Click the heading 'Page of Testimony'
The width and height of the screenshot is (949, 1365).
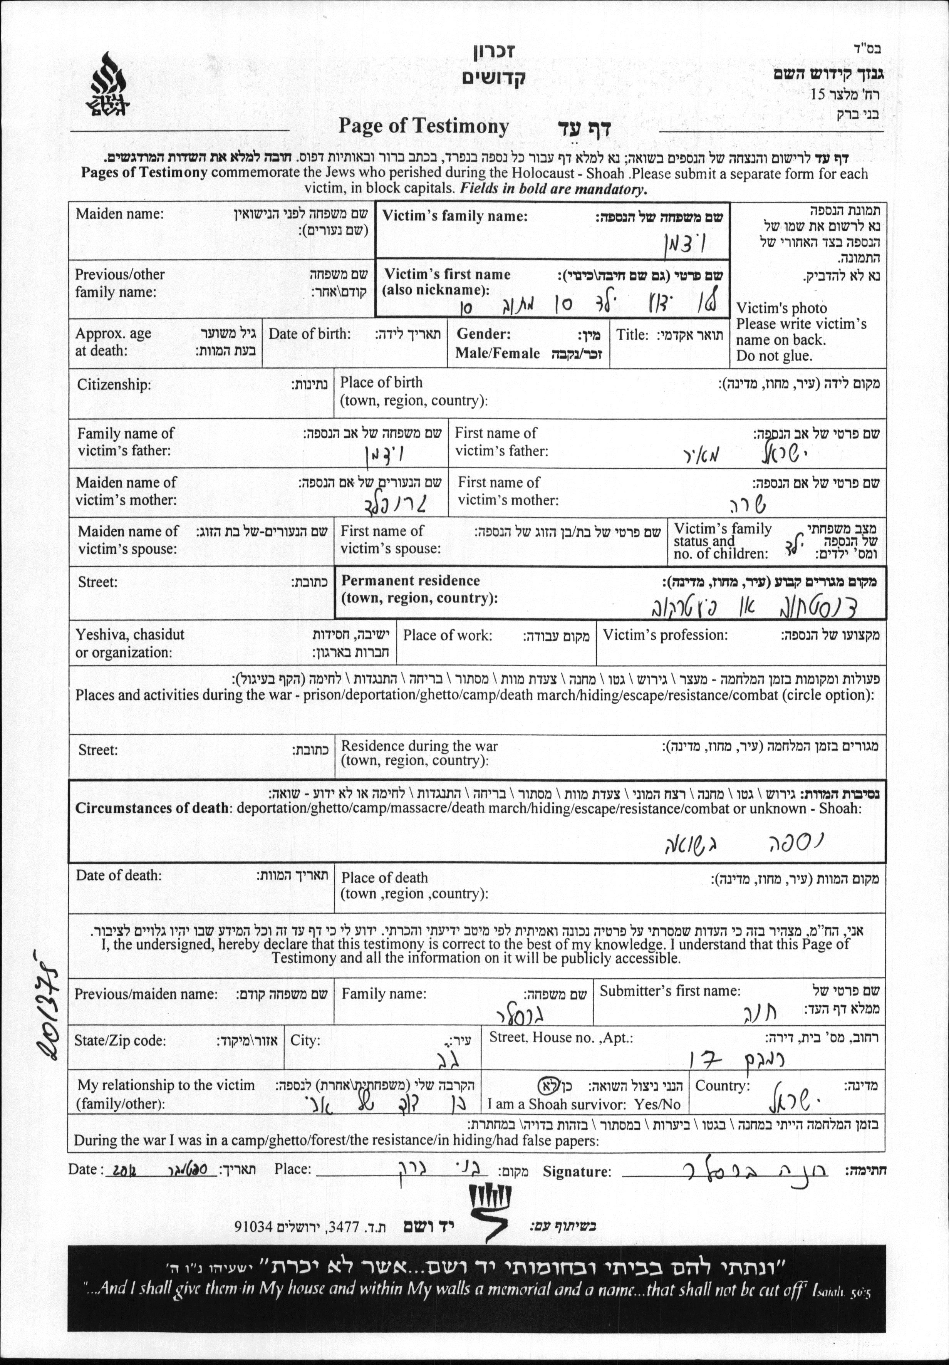423,126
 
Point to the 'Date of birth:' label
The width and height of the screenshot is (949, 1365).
309,334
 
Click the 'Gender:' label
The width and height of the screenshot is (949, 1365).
483,334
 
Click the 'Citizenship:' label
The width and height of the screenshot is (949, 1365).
114,385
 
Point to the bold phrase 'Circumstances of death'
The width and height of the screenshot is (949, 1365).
152,808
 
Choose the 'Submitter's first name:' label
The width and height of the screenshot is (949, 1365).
669,991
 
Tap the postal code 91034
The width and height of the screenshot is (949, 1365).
253,1226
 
